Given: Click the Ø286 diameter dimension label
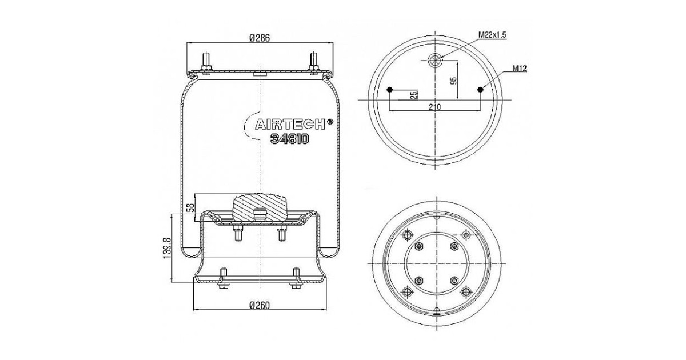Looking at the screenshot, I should point(260,38).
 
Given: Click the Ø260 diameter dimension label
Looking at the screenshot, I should point(260,305).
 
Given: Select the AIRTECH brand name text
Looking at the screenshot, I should point(289,125).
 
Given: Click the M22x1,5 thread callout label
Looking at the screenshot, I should point(493,35).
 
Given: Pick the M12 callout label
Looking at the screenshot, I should point(519,69).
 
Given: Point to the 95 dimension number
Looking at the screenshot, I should point(453,80).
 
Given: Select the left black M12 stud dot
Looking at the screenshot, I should point(390,89).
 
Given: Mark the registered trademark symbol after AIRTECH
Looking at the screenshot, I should point(330,121).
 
